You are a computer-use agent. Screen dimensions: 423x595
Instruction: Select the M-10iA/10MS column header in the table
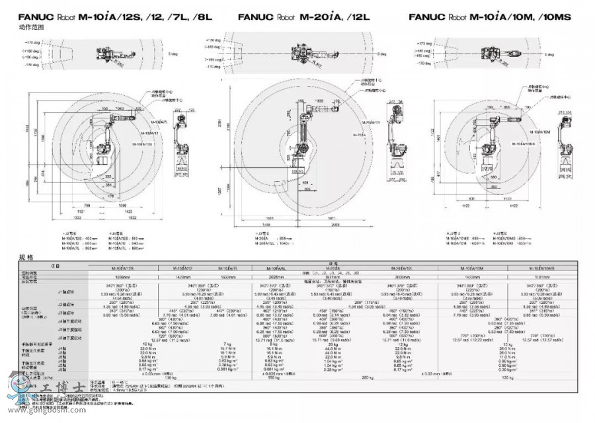click(x=539, y=268)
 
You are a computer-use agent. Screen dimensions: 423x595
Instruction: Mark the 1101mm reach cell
click(x=539, y=278)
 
